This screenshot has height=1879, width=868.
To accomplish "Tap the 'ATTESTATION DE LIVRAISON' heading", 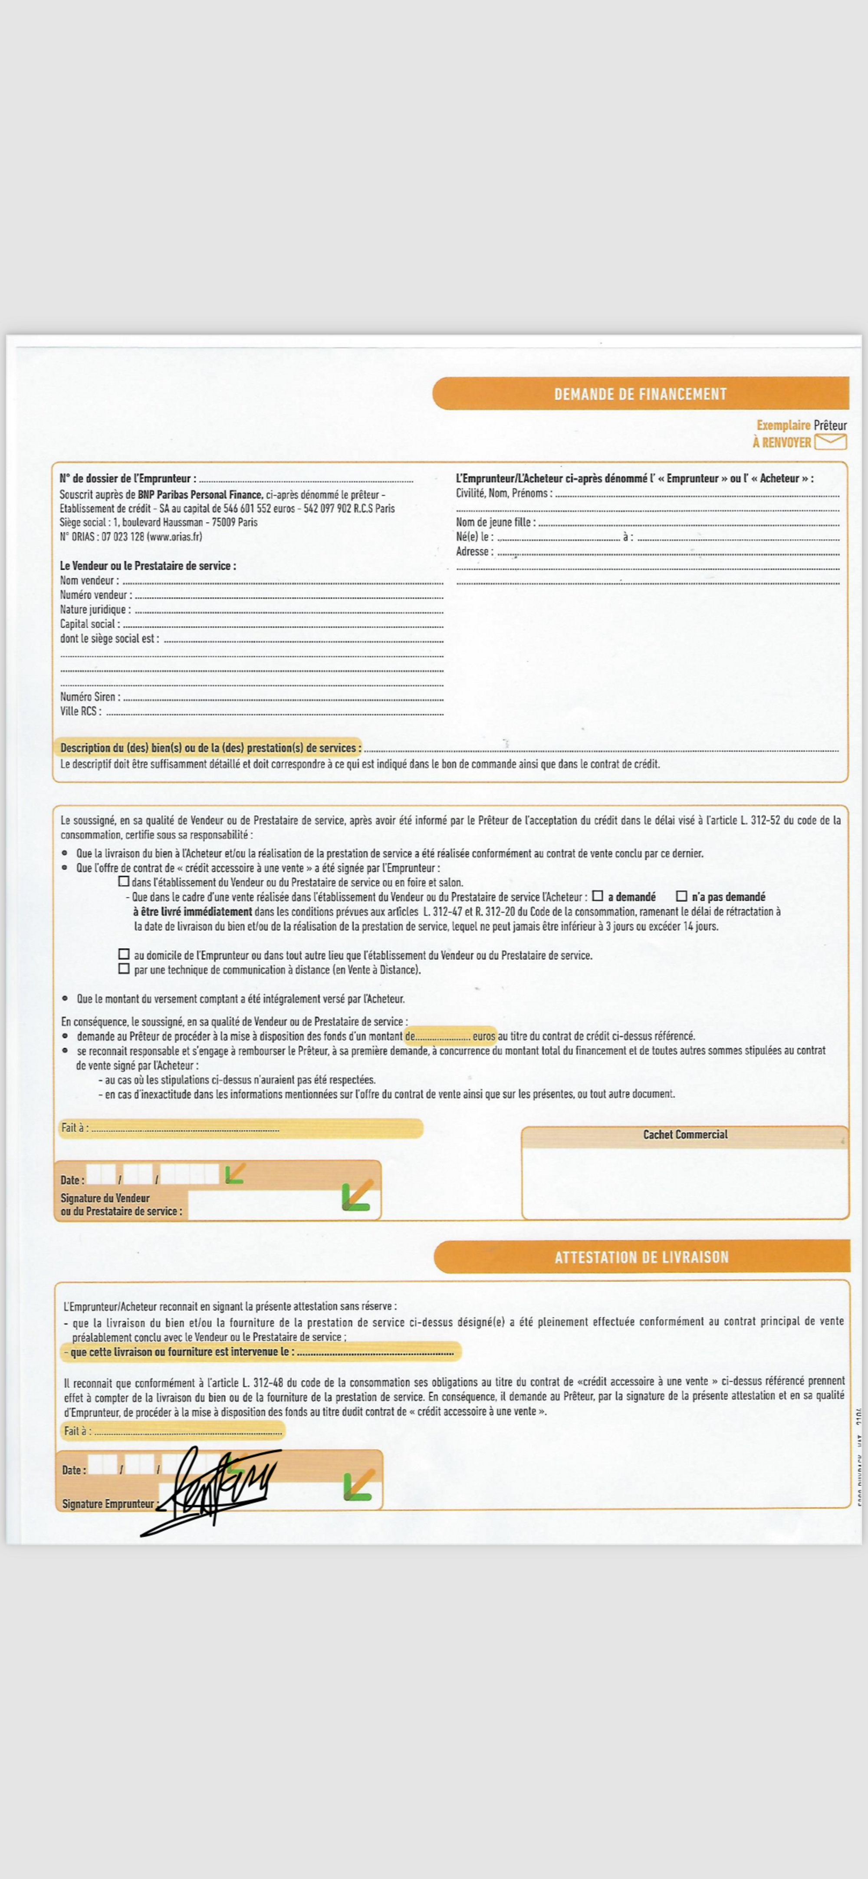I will tap(641, 1257).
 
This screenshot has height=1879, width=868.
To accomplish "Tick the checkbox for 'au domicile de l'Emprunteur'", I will tap(124, 954).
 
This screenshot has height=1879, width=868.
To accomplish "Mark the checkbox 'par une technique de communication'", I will tap(124, 969).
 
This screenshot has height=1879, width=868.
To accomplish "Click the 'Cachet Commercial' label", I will tap(685, 1134).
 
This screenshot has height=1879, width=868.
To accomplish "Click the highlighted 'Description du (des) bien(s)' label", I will tap(210, 748).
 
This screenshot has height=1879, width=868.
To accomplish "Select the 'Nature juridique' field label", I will tap(95, 609).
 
